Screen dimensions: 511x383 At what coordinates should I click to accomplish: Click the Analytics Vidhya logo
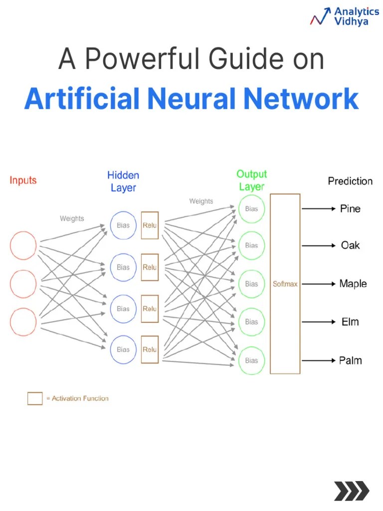point(344,16)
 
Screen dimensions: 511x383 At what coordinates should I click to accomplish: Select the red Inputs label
point(23,180)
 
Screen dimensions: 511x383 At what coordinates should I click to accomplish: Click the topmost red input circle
point(23,246)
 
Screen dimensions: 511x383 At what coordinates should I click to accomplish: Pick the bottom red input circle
point(23,322)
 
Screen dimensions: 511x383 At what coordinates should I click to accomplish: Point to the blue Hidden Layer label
point(123,182)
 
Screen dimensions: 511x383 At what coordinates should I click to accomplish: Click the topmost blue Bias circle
point(123,226)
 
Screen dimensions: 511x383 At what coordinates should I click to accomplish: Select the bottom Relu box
point(150,350)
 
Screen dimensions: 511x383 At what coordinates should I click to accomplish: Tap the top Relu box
point(150,226)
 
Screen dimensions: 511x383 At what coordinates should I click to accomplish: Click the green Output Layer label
point(251,180)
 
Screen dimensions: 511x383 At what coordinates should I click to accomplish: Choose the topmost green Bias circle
point(251,209)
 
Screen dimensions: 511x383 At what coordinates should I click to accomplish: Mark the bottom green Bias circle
point(251,360)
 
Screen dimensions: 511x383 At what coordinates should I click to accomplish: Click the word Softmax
point(285,284)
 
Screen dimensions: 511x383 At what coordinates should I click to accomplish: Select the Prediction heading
point(350,181)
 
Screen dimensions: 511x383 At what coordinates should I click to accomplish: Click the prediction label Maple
point(353,283)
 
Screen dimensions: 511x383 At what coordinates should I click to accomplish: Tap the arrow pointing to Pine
point(319,209)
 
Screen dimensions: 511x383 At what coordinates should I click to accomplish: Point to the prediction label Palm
point(351,360)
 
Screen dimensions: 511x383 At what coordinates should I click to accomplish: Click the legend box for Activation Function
point(35,398)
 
